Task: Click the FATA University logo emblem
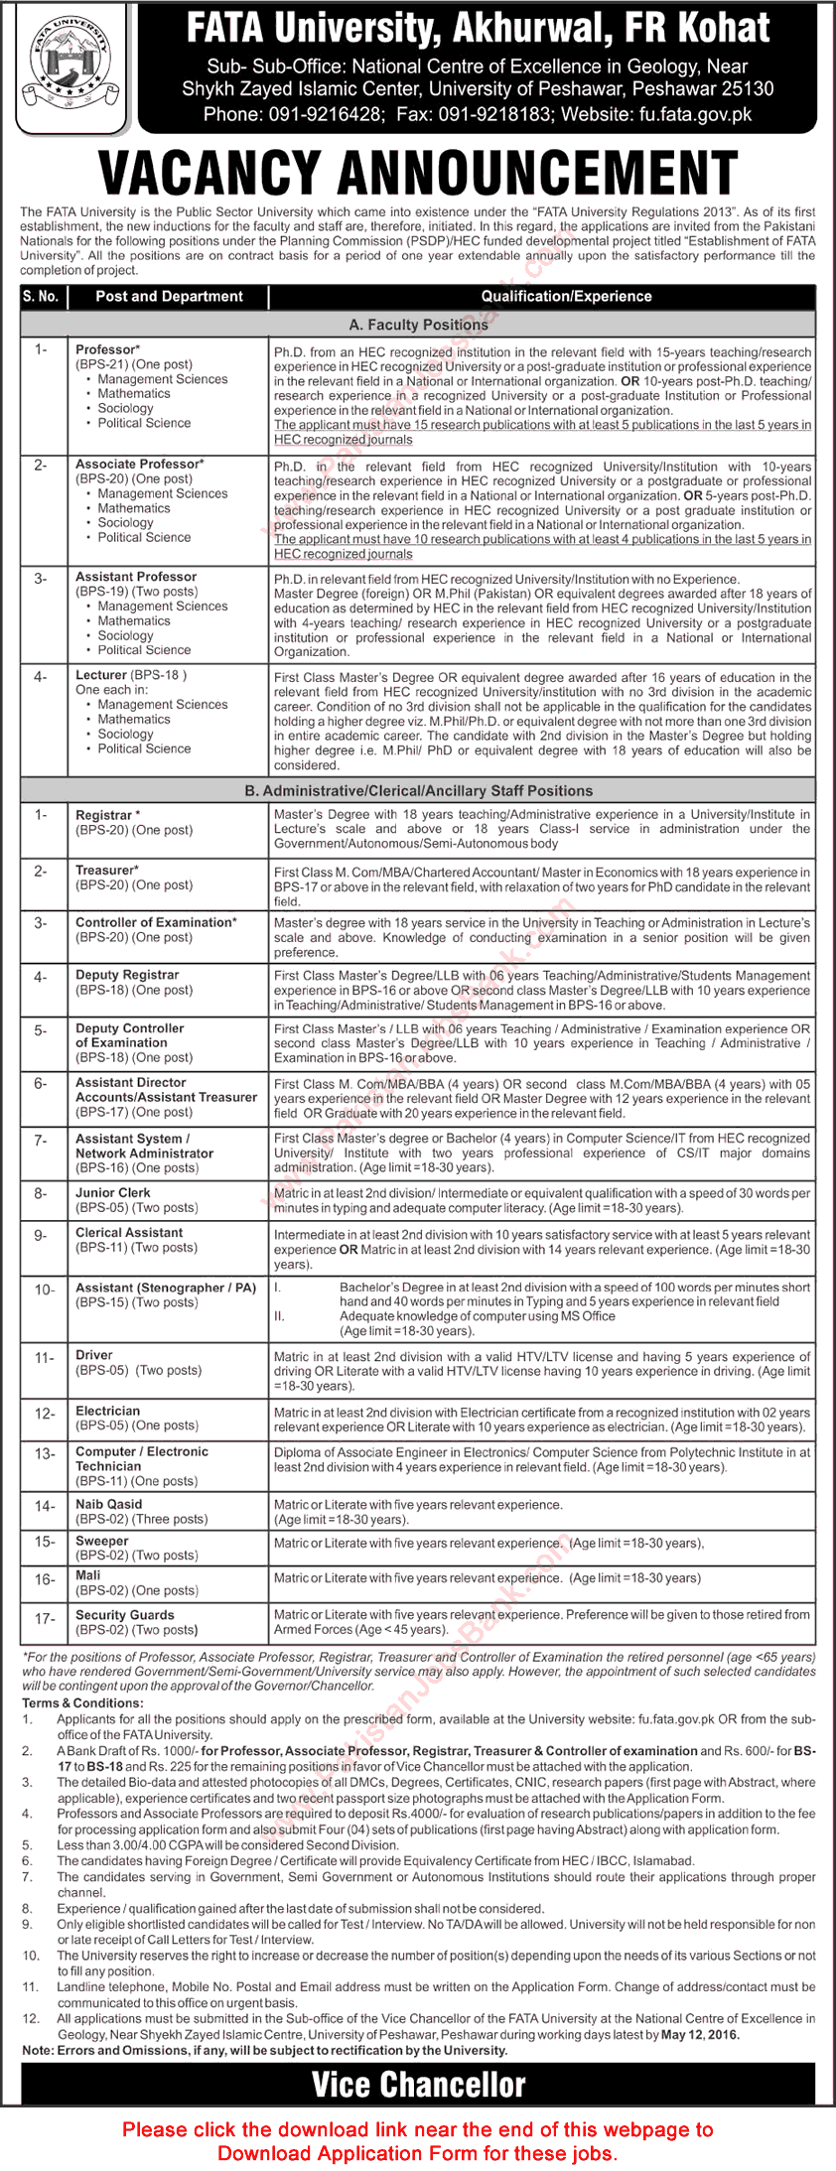(69, 67)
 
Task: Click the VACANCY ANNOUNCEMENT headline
(418, 173)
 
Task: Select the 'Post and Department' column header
(169, 296)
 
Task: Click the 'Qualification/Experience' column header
(566, 296)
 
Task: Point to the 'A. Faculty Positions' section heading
(418, 325)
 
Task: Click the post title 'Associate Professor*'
(140, 464)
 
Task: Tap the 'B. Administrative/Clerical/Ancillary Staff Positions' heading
(418, 790)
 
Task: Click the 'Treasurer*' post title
(107, 870)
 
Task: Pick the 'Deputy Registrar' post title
(127, 975)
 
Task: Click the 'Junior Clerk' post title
(113, 1192)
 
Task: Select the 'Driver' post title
(94, 1355)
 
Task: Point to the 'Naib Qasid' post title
(109, 1504)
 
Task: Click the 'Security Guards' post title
(125, 1615)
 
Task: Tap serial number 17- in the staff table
(46, 1618)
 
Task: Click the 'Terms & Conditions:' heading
(81, 1702)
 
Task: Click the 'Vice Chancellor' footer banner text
(418, 2085)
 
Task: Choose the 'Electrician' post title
(108, 1411)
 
